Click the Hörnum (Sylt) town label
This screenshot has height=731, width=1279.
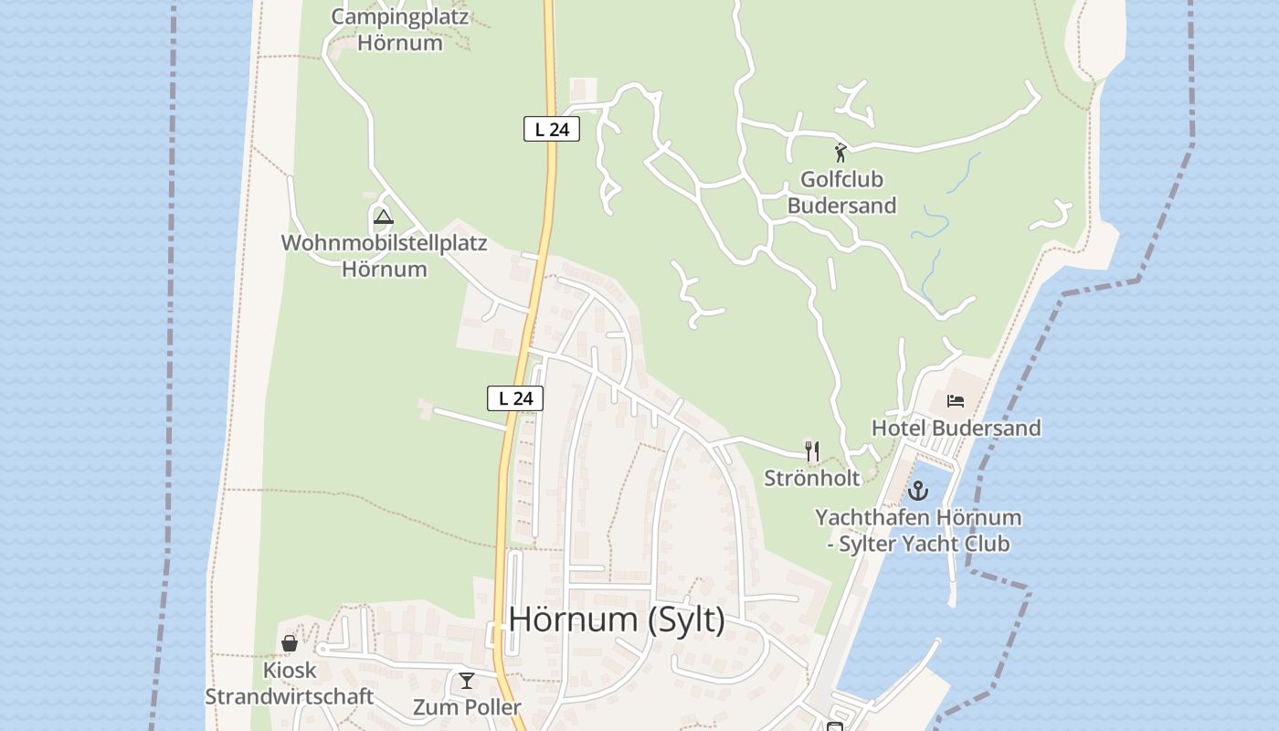[617, 619]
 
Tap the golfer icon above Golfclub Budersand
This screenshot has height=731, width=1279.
[840, 154]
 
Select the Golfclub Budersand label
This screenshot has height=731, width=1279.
[841, 193]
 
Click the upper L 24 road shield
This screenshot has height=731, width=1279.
[552, 129]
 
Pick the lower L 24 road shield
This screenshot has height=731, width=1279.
[515, 398]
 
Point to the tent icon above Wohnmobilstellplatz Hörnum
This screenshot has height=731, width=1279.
[384, 217]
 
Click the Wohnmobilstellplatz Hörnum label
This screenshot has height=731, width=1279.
[385, 256]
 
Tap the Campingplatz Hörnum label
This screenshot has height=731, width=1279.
[400, 29]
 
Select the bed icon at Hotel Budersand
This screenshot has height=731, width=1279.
[956, 400]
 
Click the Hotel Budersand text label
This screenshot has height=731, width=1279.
[956, 428]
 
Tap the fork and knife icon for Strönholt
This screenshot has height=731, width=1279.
[811, 450]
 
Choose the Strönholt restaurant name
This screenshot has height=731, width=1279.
[812, 478]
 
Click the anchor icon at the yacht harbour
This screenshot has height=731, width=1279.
[918, 491]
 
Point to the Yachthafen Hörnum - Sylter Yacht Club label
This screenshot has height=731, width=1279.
[918, 530]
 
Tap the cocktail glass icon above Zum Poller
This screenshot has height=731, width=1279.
[467, 680]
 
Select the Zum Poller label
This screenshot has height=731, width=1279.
[467, 707]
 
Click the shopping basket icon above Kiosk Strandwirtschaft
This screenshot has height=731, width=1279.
[290, 643]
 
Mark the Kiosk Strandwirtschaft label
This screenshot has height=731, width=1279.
[289, 683]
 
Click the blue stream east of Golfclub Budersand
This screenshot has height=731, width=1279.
[932, 265]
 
